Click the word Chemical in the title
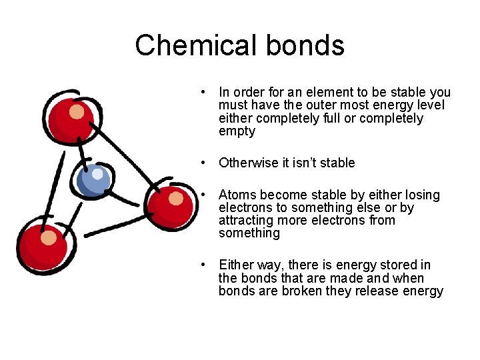pyautogui.click(x=195, y=45)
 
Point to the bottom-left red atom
pyautogui.click(x=43, y=245)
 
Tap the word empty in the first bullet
pyautogui.click(x=237, y=131)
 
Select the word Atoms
pyautogui.click(x=237, y=195)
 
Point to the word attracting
pyautogui.click(x=246, y=221)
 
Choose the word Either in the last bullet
pyautogui.click(x=235, y=265)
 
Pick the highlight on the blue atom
pyautogui.click(x=98, y=175)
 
